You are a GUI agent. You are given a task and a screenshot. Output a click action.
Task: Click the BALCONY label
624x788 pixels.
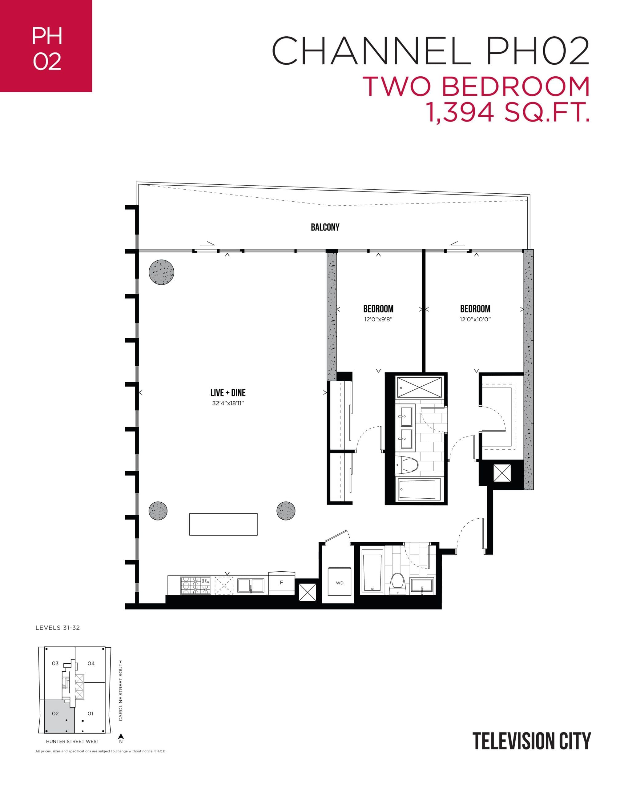(x=325, y=227)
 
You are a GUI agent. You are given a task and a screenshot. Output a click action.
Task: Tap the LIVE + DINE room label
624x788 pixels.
(x=227, y=393)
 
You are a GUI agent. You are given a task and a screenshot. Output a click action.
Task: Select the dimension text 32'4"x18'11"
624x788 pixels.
(x=227, y=403)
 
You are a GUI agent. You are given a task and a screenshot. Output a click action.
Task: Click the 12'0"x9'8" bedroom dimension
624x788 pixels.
(x=378, y=319)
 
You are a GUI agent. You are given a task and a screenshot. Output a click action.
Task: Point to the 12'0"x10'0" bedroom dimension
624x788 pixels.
(x=475, y=319)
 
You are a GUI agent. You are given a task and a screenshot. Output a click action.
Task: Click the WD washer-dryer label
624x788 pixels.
(x=340, y=583)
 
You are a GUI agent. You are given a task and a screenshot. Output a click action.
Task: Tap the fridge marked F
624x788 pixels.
(x=281, y=582)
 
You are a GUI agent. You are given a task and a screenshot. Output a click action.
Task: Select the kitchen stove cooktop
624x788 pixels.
(x=195, y=585)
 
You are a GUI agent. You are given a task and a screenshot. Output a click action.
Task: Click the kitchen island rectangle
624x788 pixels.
(x=223, y=524)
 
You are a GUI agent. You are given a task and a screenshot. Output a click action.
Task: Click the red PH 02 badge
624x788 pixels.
(x=46, y=46)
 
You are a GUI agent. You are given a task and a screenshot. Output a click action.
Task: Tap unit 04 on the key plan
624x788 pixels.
(x=91, y=663)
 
